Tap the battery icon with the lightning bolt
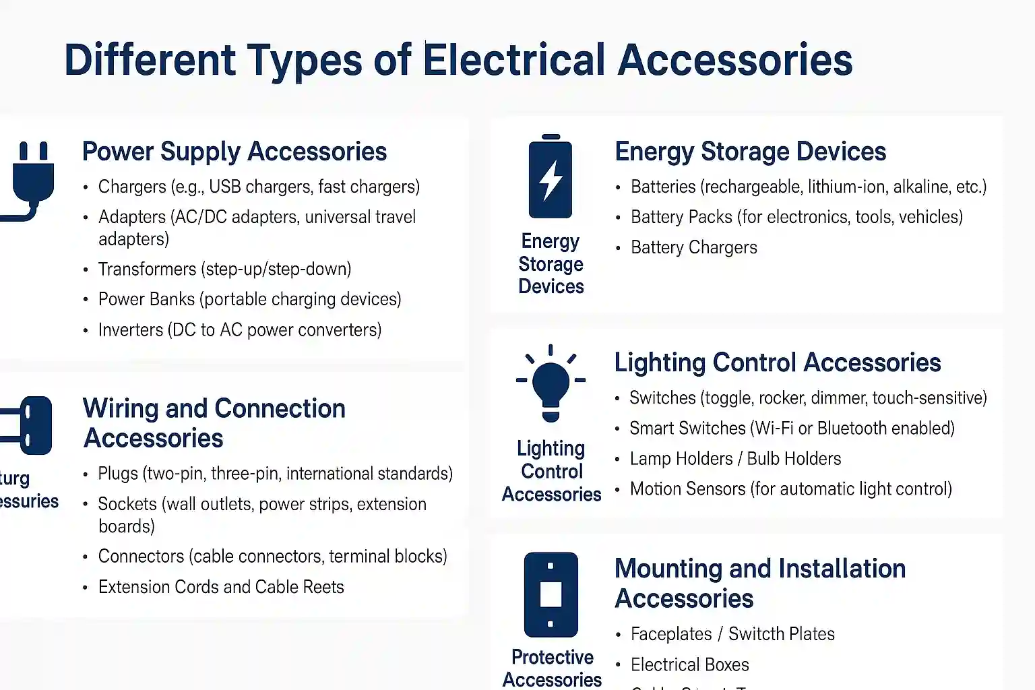pos(551,177)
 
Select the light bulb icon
pos(551,383)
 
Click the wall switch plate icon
pos(551,594)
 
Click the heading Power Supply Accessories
pos(234,152)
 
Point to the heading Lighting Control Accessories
pos(777,363)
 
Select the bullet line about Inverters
pos(239,330)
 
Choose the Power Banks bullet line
pos(249,299)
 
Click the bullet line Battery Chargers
pos(693,247)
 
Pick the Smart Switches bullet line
pos(792,428)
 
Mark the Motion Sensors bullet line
pos(790,489)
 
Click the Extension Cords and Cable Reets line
pos(220,587)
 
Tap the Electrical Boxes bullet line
pos(689,664)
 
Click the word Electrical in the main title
pos(514,60)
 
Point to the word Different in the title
pos(150,60)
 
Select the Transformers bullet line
pos(224,269)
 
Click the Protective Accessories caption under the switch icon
pos(552,668)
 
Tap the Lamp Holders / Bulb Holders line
pos(735,458)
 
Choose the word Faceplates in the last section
pos(671,634)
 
